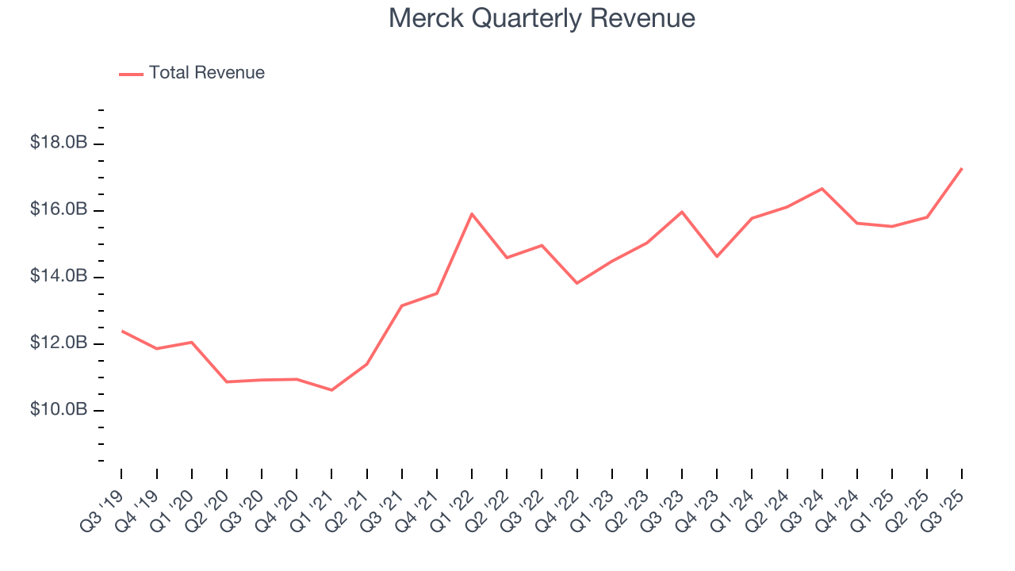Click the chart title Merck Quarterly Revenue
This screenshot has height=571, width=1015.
pyautogui.click(x=542, y=18)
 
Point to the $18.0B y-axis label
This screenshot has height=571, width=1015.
pyautogui.click(x=58, y=144)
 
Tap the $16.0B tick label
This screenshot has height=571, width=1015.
pyautogui.click(x=58, y=210)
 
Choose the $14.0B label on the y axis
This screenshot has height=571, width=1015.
pyautogui.click(x=58, y=277)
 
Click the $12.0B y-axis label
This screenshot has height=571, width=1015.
pyautogui.click(x=58, y=343)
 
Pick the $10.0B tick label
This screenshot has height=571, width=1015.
pyautogui.click(x=58, y=410)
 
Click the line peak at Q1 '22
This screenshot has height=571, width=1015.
pyautogui.click(x=472, y=213)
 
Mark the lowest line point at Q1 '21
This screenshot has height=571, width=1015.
pyautogui.click(x=331, y=390)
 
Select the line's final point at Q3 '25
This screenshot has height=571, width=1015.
pyautogui.click(x=962, y=168)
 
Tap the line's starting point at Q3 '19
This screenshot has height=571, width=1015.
pyautogui.click(x=122, y=331)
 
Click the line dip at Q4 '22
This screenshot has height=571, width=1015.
pyautogui.click(x=576, y=283)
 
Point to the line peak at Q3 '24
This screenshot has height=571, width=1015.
pyautogui.click(x=822, y=189)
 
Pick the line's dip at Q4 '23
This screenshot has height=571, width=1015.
pyautogui.click(x=717, y=256)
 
